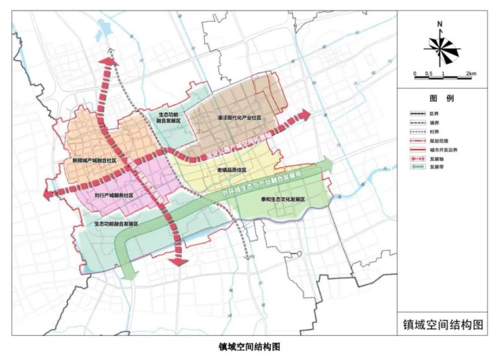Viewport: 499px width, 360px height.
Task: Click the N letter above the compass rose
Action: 440,24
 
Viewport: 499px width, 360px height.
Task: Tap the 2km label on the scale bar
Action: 471,74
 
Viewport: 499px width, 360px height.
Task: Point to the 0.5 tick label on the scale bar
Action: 429,74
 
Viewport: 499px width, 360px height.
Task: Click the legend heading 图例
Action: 442,99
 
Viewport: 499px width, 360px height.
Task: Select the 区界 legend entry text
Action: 435,114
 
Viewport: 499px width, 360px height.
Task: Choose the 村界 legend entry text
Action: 435,132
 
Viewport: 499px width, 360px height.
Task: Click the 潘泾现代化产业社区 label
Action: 240,118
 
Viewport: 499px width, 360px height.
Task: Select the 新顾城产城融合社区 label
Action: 94,161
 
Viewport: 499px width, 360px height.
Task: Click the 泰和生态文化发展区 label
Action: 282,198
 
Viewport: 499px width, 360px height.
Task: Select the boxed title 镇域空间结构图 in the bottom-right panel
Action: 443,324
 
